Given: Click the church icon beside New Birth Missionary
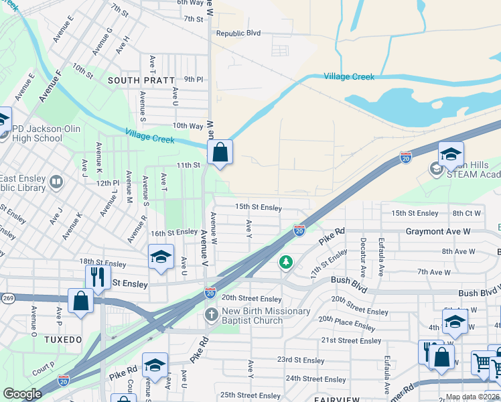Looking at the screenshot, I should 211,315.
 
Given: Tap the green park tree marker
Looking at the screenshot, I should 286,261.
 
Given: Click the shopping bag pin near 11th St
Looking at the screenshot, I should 220,153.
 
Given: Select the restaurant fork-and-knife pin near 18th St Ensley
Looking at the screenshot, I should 98,277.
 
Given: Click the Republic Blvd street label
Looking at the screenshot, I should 237,33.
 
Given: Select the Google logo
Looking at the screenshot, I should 22,393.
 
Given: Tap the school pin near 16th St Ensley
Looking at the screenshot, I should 160,258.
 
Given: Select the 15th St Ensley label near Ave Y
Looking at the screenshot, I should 258,207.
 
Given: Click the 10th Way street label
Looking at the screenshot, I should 188,125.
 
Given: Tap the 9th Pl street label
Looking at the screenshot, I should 193,79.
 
